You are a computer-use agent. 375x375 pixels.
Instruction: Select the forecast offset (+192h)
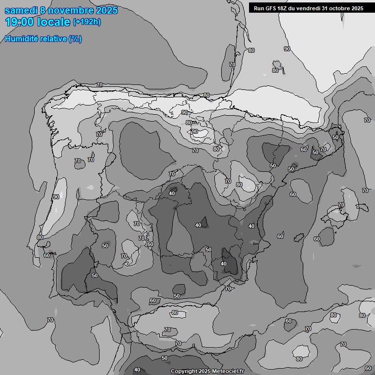[x=87, y=22]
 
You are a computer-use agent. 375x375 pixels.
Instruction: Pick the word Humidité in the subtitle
[x=22, y=39]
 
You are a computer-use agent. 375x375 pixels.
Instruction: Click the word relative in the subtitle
[x=54, y=39]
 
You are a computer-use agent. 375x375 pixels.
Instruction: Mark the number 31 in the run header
[x=328, y=8]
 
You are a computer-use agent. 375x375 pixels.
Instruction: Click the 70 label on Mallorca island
[x=341, y=205]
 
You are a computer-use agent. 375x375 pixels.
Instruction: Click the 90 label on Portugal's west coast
[x=56, y=197]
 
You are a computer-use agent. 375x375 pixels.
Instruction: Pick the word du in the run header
[x=294, y=8]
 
